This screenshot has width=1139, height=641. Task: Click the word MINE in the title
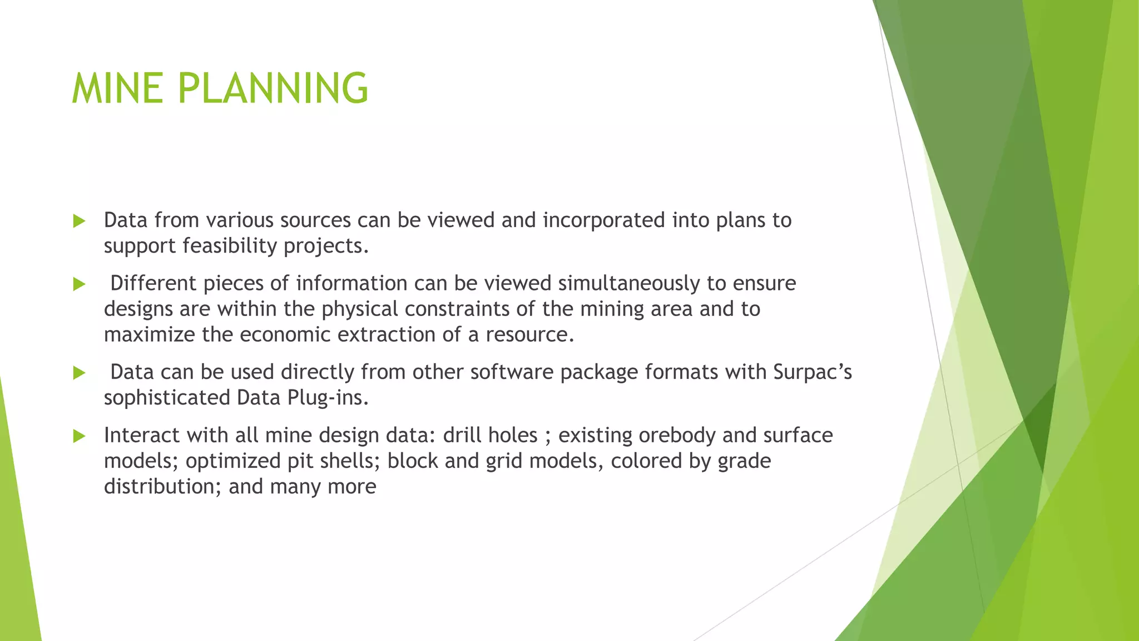[117, 88]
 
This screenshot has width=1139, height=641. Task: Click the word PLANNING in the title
[273, 88]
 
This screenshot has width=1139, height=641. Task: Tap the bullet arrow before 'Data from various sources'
[79, 221]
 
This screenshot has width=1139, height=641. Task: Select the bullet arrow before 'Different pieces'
[79, 284]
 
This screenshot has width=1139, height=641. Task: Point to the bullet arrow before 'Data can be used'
[79, 373]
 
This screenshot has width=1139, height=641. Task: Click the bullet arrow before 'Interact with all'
[79, 436]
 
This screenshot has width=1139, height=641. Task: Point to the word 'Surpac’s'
[812, 372]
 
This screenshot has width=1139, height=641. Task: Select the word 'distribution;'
[162, 486]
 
